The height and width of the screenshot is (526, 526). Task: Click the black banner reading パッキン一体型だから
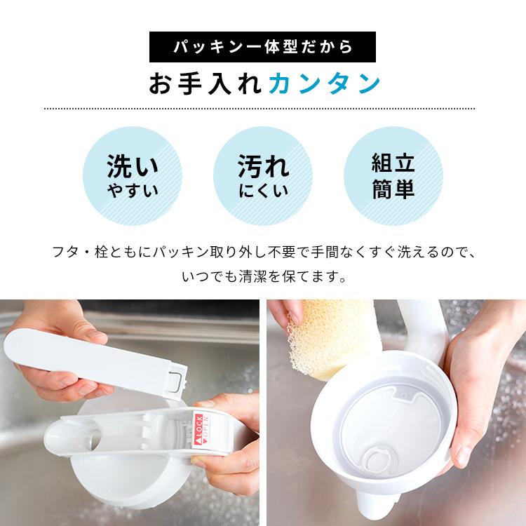262,46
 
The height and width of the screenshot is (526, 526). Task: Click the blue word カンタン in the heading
324,83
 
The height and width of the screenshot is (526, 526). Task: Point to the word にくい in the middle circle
262,191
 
